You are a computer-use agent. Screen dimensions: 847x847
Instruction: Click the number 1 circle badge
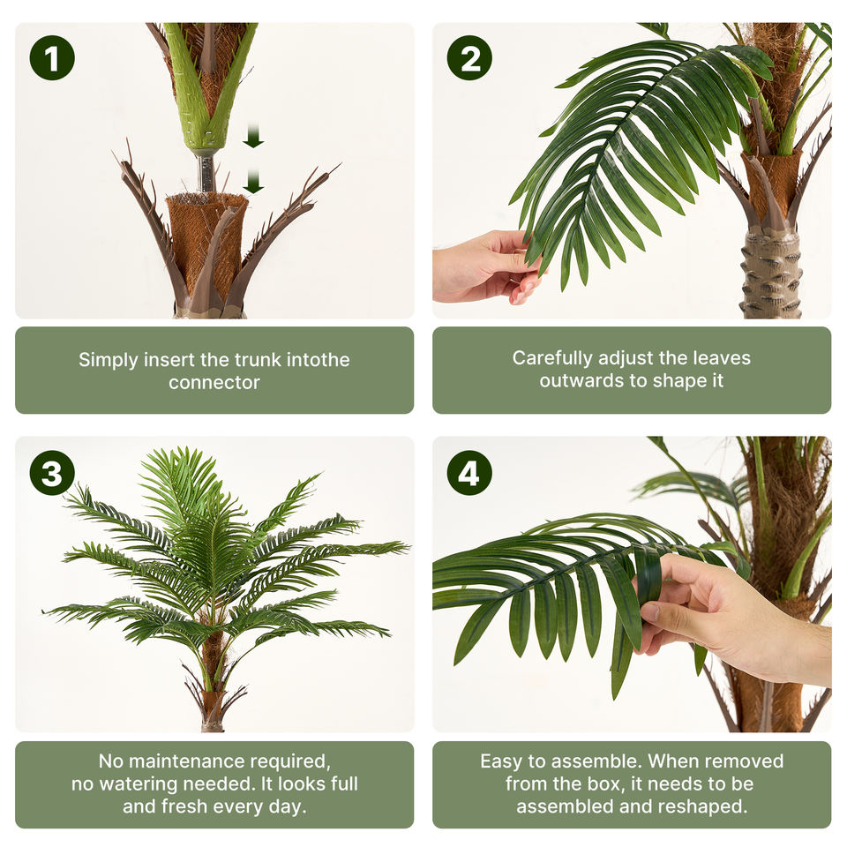(x=52, y=58)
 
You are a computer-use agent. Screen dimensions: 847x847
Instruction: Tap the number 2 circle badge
(x=469, y=58)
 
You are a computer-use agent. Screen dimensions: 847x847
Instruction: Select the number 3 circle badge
(x=52, y=473)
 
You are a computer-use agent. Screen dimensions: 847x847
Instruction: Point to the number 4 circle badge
(x=469, y=473)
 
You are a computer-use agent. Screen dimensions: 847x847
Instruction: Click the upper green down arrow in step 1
(x=253, y=136)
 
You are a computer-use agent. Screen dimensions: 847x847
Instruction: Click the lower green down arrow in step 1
(x=253, y=181)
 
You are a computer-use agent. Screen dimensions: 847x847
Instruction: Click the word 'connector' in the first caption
(x=214, y=382)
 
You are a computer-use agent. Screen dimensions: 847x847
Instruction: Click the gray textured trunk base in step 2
(x=770, y=274)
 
